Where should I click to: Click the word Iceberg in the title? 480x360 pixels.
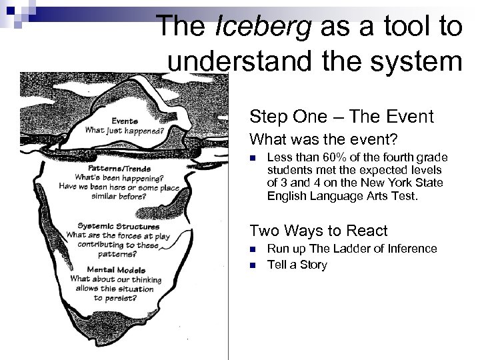(x=256, y=27)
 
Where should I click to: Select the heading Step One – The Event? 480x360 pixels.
(x=341, y=117)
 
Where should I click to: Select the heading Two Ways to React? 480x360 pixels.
(x=318, y=231)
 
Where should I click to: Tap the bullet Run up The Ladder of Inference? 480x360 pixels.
(x=352, y=249)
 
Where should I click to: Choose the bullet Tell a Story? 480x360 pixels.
(x=297, y=265)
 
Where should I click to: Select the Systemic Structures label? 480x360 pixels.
(x=113, y=226)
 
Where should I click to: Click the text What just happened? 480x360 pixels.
(x=125, y=131)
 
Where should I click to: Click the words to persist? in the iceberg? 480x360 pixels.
(x=115, y=297)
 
